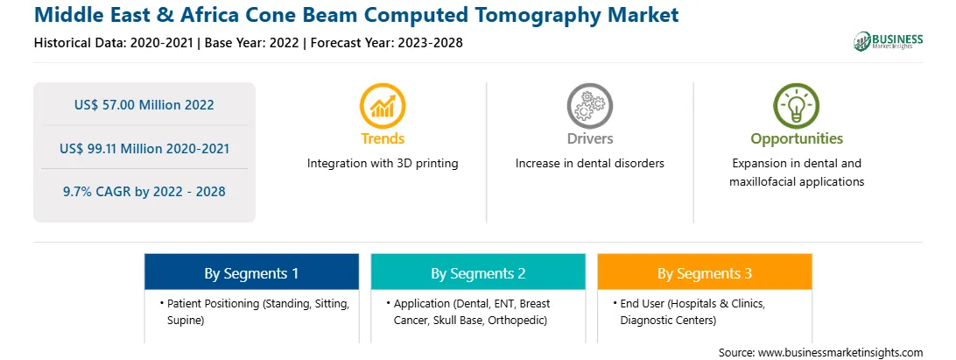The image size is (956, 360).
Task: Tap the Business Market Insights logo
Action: tap(888, 41)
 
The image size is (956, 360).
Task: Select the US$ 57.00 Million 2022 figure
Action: tap(144, 104)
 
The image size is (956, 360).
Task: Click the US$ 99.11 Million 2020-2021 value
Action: tap(144, 148)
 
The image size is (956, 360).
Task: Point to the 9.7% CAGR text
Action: tap(144, 192)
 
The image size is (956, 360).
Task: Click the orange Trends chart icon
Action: tap(383, 106)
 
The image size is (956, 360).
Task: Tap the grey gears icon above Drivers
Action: tap(589, 106)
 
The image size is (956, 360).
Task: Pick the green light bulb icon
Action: tap(797, 106)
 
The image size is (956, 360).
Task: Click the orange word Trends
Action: tap(383, 138)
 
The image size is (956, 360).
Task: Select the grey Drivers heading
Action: tap(589, 138)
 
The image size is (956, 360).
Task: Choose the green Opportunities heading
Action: tap(797, 139)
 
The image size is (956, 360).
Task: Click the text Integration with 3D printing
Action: tap(383, 164)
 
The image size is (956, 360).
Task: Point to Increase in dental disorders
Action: tap(589, 164)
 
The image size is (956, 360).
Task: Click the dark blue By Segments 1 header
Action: tap(251, 273)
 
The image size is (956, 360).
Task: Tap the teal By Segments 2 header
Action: tap(478, 273)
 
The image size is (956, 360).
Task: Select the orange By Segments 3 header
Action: tap(704, 273)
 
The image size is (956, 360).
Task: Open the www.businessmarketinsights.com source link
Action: tap(840, 352)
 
